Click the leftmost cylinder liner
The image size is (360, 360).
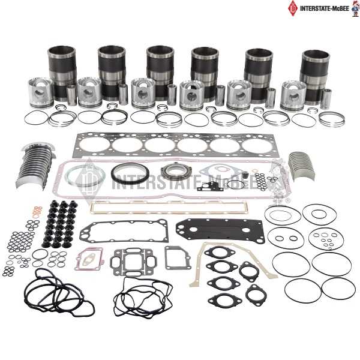pyautogui.click(x=62, y=71)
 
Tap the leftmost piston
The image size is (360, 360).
pyautogui.click(x=41, y=93)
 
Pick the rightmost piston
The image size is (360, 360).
pyautogui.click(x=293, y=95)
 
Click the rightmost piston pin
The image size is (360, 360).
pyautogui.click(x=326, y=99)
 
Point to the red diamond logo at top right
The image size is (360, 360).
pyautogui.click(x=293, y=8)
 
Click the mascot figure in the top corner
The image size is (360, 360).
pyautogui.click(x=355, y=8)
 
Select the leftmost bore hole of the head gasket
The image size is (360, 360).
pyautogui.click(x=95, y=144)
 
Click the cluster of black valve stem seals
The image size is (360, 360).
pyautogui.click(x=60, y=224)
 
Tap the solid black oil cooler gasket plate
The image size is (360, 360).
pyautogui.click(x=220, y=230)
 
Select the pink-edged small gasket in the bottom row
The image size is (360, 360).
pyautogui.click(x=89, y=259)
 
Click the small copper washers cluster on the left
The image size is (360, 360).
pyautogui.click(x=37, y=212)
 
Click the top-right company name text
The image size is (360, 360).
pyautogui.click(x=325, y=9)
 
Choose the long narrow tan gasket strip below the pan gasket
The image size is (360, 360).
pyautogui.click(x=169, y=208)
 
